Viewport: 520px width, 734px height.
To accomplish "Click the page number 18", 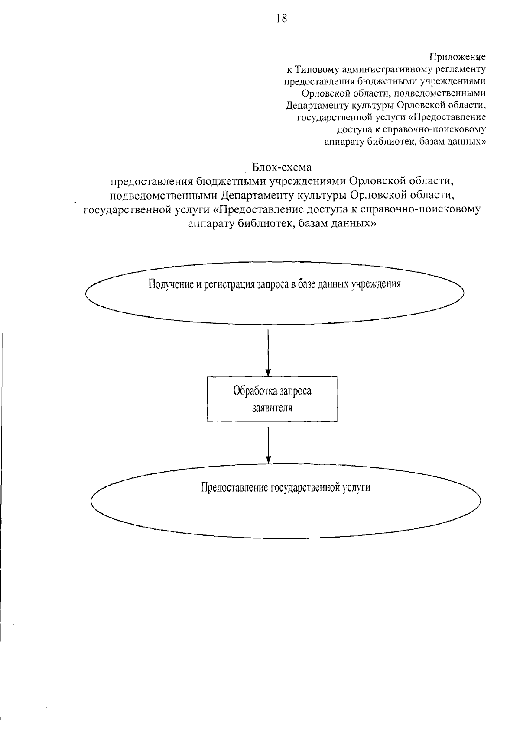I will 281,18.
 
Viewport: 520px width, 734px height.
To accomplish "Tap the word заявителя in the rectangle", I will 272,407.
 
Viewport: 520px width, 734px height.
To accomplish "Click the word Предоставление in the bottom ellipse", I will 234,487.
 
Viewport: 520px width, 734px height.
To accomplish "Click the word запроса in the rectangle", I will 296,391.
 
